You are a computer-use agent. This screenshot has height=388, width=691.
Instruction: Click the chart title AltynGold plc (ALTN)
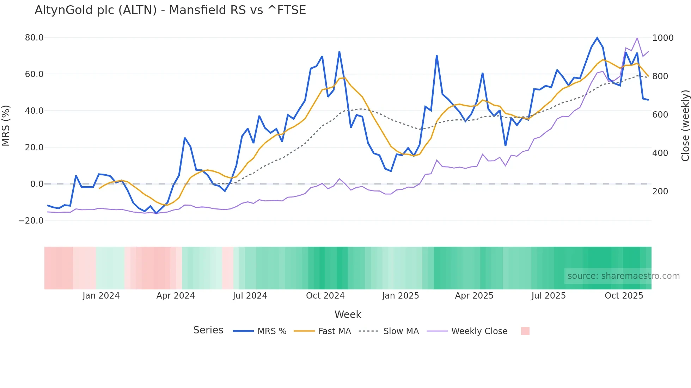[170, 10]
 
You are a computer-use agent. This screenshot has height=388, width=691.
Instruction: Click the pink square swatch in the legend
[525, 331]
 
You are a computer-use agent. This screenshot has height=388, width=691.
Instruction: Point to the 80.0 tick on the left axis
[34, 38]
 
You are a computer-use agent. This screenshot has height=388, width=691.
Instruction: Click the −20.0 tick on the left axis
[31, 221]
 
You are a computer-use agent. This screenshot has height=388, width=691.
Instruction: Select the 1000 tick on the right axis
[662, 38]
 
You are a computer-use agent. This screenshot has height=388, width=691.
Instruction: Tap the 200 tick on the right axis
[660, 192]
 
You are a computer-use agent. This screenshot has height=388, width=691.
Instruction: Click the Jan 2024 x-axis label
[101, 296]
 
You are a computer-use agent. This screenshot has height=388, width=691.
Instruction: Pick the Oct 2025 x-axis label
[624, 296]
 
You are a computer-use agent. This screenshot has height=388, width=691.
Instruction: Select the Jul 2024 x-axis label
[250, 296]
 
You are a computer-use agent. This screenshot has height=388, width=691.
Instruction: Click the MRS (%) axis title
[6, 126]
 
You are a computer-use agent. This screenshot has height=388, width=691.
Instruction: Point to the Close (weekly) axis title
[685, 126]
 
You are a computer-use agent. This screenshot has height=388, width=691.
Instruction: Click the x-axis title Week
[348, 314]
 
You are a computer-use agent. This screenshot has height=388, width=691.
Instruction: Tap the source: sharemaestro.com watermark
[623, 276]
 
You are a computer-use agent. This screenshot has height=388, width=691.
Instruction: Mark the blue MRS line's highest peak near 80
[597, 38]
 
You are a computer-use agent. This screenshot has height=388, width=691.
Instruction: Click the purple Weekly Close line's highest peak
[637, 38]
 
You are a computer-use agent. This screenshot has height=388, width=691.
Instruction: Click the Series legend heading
[208, 330]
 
